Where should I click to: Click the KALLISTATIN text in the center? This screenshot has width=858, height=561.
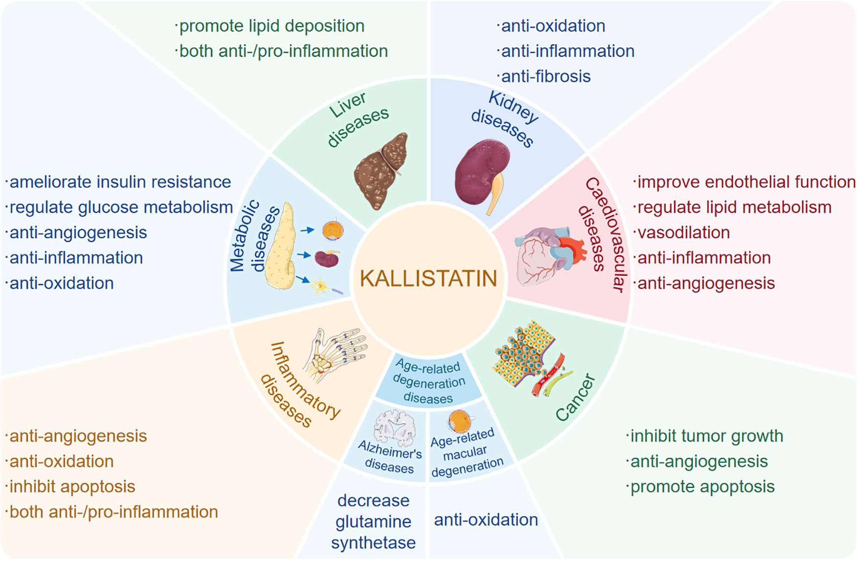(x=428, y=278)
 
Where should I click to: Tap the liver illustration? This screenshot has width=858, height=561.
(x=381, y=171)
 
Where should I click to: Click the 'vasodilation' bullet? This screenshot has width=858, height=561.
(x=682, y=232)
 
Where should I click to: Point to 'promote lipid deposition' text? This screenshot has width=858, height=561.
(x=271, y=26)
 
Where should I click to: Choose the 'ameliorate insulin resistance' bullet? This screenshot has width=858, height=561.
(x=119, y=182)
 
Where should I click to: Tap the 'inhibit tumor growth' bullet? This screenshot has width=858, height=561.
(x=706, y=436)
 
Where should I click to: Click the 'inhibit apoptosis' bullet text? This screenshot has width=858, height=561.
(x=71, y=487)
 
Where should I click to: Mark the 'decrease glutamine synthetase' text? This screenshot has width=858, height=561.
(x=374, y=521)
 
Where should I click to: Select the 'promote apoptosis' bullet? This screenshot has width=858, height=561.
(x=702, y=487)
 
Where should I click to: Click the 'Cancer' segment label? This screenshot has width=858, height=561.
(x=575, y=397)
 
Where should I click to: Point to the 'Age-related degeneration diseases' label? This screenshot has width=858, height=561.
(x=428, y=382)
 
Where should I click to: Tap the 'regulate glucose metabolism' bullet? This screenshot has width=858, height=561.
(x=120, y=207)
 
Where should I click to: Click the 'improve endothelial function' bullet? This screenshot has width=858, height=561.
(x=746, y=182)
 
